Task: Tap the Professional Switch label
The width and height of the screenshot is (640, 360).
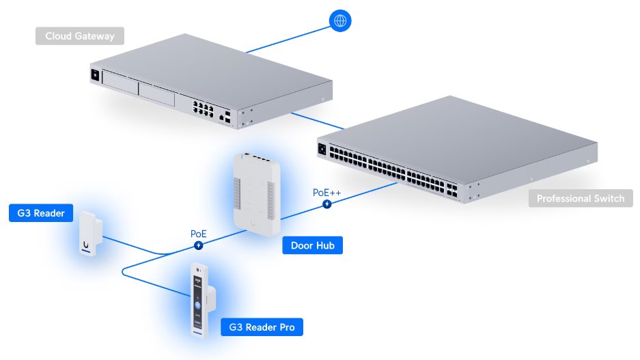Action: (x=580, y=199)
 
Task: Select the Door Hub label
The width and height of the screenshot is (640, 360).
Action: (x=312, y=245)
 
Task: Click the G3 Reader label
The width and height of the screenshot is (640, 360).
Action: (x=41, y=213)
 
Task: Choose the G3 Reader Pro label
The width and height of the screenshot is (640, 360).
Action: (x=262, y=327)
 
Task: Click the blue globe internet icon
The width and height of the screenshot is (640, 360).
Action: (x=339, y=20)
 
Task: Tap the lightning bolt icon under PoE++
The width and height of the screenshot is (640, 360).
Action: (x=327, y=204)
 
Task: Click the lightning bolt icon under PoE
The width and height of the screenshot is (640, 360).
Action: (x=198, y=245)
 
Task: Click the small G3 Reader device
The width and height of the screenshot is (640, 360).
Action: (x=90, y=234)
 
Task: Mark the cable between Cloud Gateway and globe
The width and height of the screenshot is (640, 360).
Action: (x=287, y=38)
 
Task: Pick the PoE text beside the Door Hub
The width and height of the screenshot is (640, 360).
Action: (x=198, y=234)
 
